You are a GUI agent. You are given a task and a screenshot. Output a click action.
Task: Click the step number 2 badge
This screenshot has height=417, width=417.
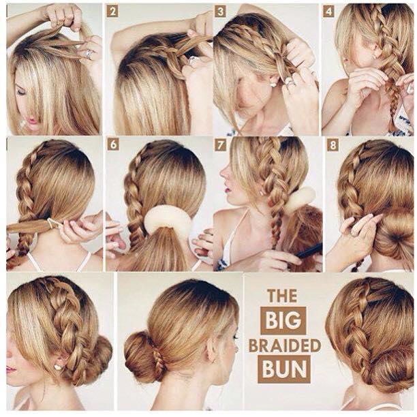pos(112,12)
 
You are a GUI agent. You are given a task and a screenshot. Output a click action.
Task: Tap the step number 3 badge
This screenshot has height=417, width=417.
pos(220,12)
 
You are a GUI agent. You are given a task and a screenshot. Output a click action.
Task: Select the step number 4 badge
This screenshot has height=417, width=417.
pos(328,12)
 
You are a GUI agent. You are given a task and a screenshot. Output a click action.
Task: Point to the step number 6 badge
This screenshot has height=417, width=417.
pos(113,145)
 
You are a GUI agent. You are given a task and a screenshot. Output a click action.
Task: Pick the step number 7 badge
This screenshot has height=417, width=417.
pos(221,145)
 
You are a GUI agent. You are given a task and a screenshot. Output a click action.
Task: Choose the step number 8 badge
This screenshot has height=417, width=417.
pos(333,145)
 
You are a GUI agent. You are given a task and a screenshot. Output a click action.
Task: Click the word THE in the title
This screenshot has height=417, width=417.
pos(283,296)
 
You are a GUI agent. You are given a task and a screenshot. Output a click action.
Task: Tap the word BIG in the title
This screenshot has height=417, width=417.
pos(283,320)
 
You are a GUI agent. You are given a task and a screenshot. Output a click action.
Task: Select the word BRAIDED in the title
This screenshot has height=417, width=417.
pos(285,345)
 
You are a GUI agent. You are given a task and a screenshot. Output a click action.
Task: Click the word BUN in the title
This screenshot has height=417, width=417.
pos(285,369)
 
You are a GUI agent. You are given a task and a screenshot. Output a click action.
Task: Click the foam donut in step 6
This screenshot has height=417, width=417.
pos(167,219)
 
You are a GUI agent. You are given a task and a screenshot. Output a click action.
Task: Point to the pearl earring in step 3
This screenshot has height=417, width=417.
pos(273,84)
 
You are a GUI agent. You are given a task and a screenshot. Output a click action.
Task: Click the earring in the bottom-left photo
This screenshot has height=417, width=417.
pos(58,367)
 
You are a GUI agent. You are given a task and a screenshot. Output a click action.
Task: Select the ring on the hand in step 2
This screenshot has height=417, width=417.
pos(192,61)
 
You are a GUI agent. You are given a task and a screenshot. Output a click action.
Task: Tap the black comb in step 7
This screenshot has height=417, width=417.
pos(309,251)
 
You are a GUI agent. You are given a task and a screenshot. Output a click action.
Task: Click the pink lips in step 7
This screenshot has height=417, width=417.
pos(228,190)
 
